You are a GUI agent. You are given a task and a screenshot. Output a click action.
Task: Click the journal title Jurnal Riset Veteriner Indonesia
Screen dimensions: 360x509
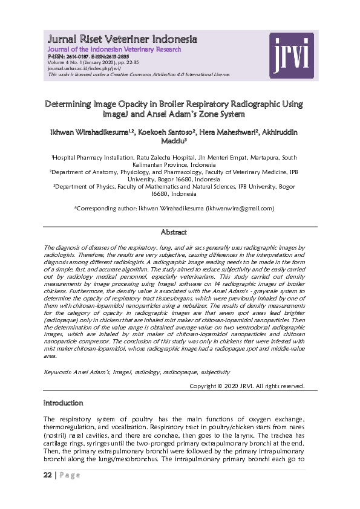123,40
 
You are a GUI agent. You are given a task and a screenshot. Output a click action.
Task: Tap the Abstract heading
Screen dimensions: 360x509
174,232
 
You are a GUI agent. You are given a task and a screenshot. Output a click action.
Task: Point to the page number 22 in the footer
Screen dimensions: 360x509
47,475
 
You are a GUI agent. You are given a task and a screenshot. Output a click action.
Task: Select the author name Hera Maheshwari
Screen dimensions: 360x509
233,131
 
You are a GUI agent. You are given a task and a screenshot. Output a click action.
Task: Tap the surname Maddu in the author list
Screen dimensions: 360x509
176,141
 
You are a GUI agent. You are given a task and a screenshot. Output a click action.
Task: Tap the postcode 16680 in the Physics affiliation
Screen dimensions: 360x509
163,194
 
